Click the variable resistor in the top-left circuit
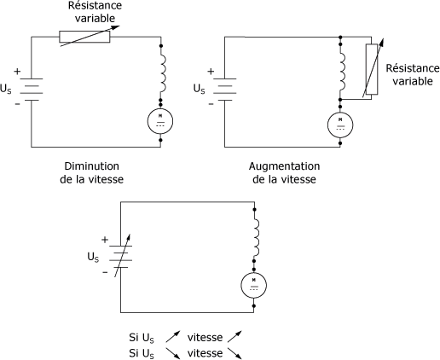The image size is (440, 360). point(84,37)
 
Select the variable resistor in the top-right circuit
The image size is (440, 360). point(372,69)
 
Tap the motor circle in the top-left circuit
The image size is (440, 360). point(160,121)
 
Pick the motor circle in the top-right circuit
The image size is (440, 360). point(340,125)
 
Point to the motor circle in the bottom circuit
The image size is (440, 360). point(254,285)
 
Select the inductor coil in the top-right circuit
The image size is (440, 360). point(343,71)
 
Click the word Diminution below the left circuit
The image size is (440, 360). point(91,166)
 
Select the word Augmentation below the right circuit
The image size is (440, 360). point(284,166)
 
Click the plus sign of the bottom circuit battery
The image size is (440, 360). point(105,240)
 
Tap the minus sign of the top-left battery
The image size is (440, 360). point(18,104)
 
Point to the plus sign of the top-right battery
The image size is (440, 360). point(211,72)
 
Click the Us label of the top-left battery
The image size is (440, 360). point(6,89)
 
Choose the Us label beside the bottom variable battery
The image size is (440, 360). point(93,258)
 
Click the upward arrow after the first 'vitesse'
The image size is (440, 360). point(234,336)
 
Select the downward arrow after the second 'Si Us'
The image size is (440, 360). point(173,353)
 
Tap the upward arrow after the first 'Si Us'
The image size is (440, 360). point(173,336)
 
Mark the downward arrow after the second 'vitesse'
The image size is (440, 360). point(235,353)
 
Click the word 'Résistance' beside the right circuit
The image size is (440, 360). point(413,68)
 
